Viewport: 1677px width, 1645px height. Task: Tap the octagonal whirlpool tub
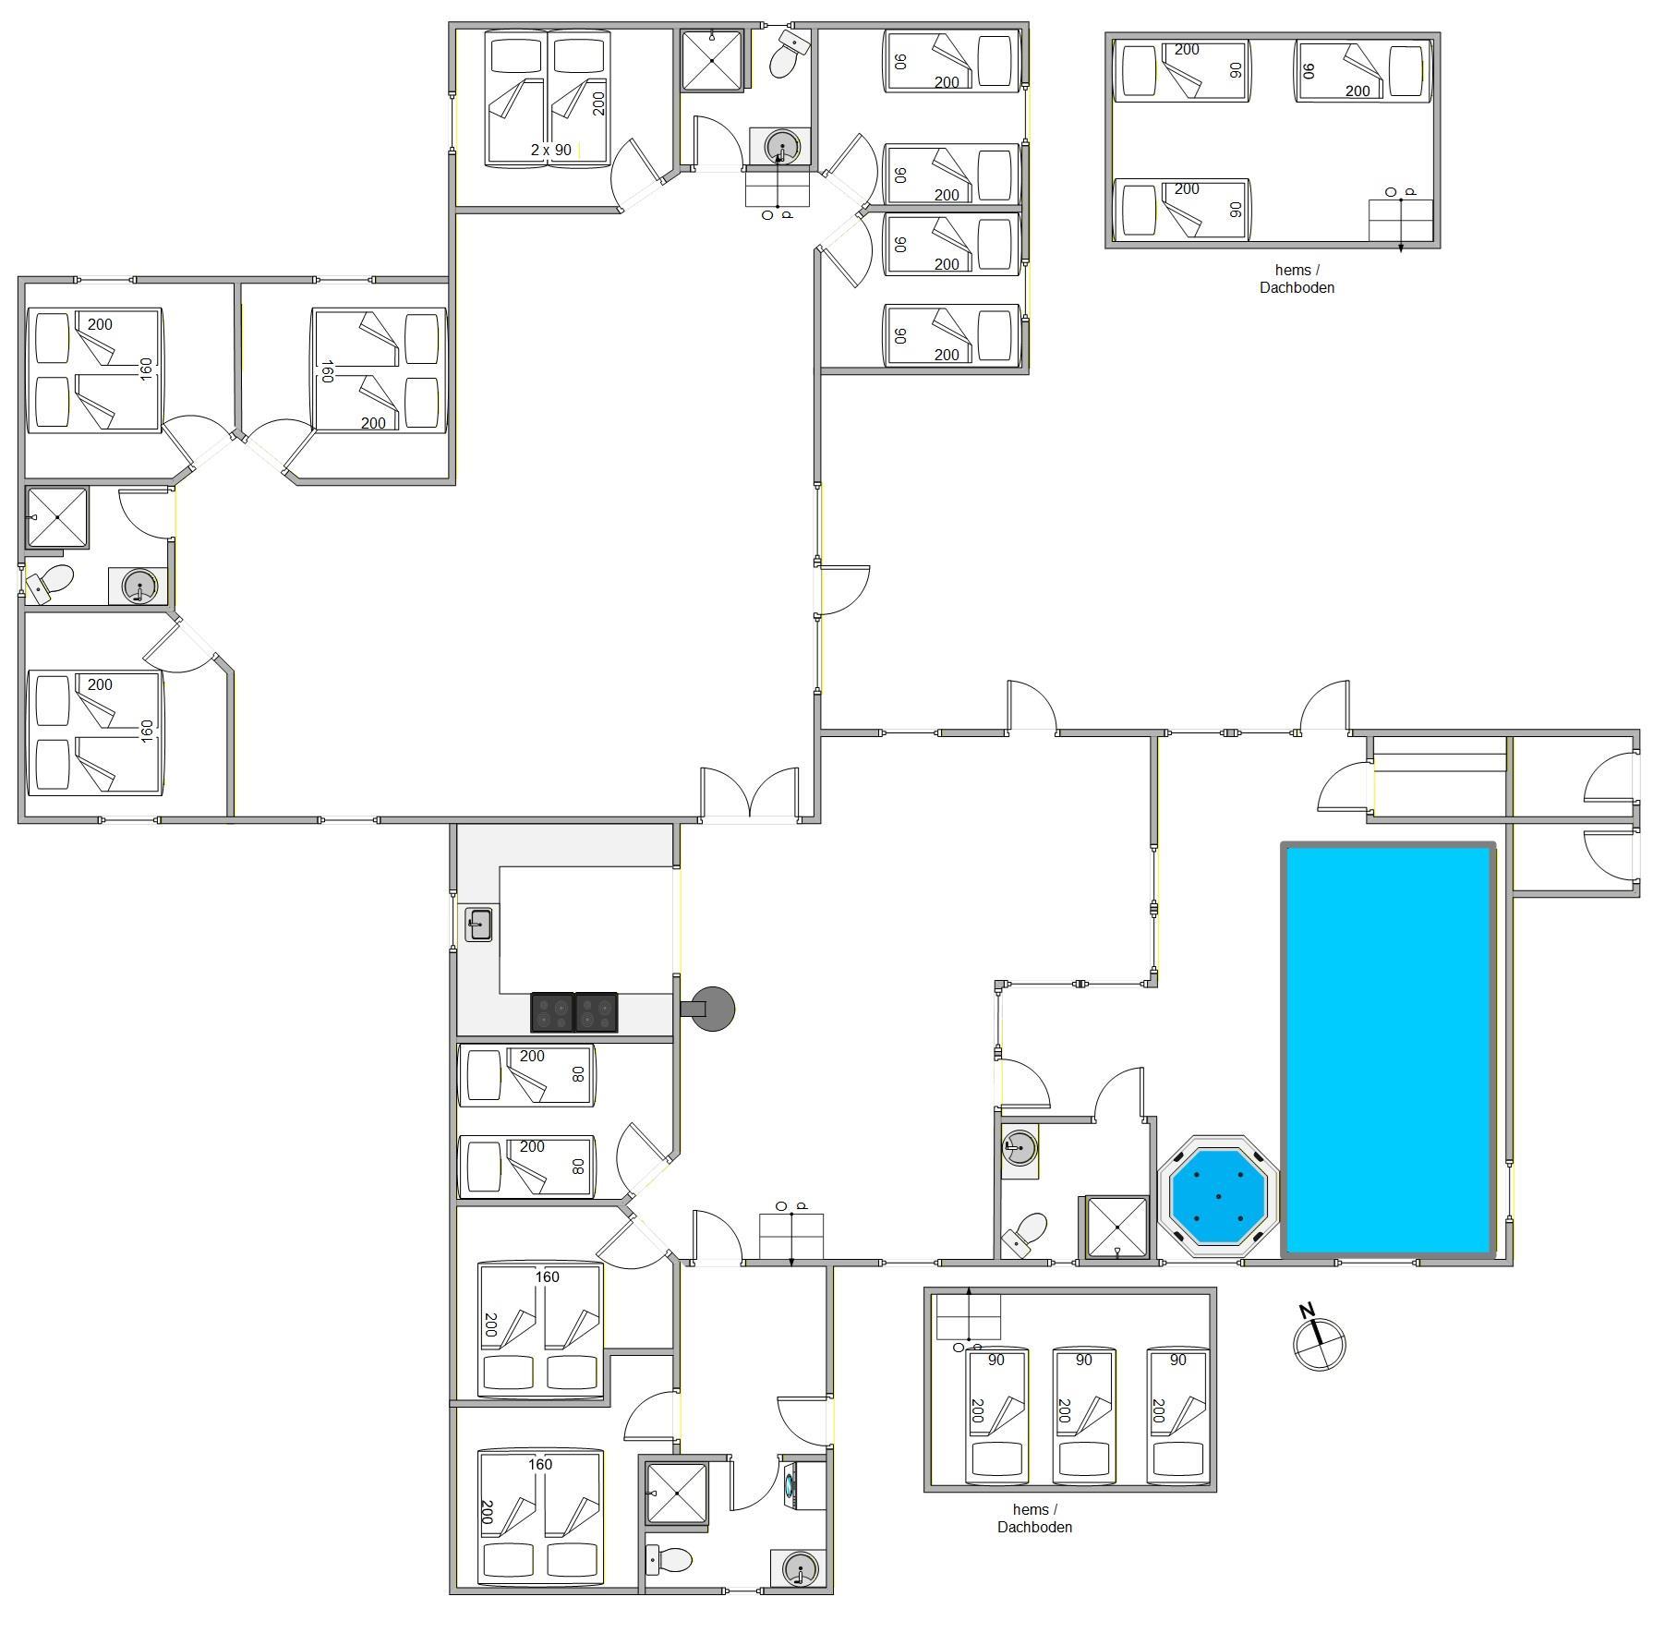(x=1218, y=1196)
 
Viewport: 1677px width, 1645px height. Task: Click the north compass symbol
(x=1319, y=1341)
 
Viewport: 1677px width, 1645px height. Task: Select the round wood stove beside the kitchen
(x=713, y=1009)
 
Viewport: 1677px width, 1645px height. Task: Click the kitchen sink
(x=478, y=925)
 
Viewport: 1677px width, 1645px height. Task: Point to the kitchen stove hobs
(x=573, y=1011)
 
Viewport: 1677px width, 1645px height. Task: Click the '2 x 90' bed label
(x=551, y=150)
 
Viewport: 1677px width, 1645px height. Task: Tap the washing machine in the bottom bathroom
(x=802, y=1485)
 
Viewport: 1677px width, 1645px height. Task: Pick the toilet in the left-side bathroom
(x=49, y=584)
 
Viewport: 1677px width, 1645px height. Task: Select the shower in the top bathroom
(x=712, y=61)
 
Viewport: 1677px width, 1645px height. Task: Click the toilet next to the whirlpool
(x=1025, y=1234)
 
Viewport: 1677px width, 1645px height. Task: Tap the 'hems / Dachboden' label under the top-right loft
(x=1297, y=279)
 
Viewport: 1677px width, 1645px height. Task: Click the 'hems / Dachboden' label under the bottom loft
(x=1034, y=1518)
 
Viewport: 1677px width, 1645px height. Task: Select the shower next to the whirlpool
(x=1117, y=1227)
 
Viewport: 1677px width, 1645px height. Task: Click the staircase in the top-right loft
(x=1400, y=221)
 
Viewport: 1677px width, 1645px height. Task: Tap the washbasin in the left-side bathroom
(x=139, y=586)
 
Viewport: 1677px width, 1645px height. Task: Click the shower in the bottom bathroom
(x=677, y=1494)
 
